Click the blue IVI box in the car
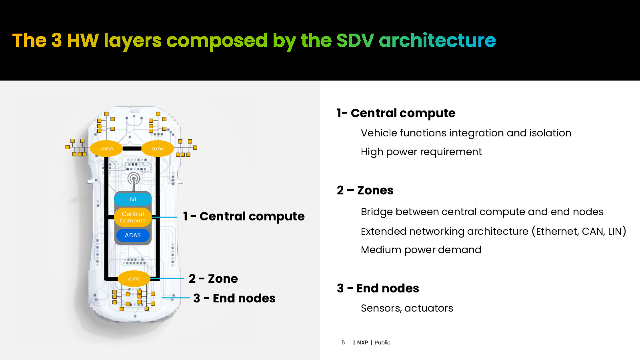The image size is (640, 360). tap(133, 199)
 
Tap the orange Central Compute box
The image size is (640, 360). tap(133, 217)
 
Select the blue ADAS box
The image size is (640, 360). tap(133, 235)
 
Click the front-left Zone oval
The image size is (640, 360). tap(106, 148)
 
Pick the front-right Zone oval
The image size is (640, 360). tap(158, 148)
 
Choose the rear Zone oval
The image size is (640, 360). tap(134, 278)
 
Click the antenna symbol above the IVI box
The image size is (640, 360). tap(134, 180)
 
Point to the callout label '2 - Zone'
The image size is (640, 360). tap(213, 278)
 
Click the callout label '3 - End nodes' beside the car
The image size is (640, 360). tap(234, 298)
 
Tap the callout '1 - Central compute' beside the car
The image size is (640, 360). tap(244, 216)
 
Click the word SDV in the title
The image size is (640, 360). tap(355, 40)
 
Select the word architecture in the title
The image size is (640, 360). tap(437, 40)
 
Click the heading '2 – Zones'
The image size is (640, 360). tap(365, 190)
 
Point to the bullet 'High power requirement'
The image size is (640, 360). tap(421, 152)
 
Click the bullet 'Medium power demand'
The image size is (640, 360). tap(421, 250)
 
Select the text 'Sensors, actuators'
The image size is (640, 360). tap(407, 308)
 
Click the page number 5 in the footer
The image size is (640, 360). tap(343, 342)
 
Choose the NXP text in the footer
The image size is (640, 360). tap(362, 342)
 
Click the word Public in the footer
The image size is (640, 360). tap(382, 342)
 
